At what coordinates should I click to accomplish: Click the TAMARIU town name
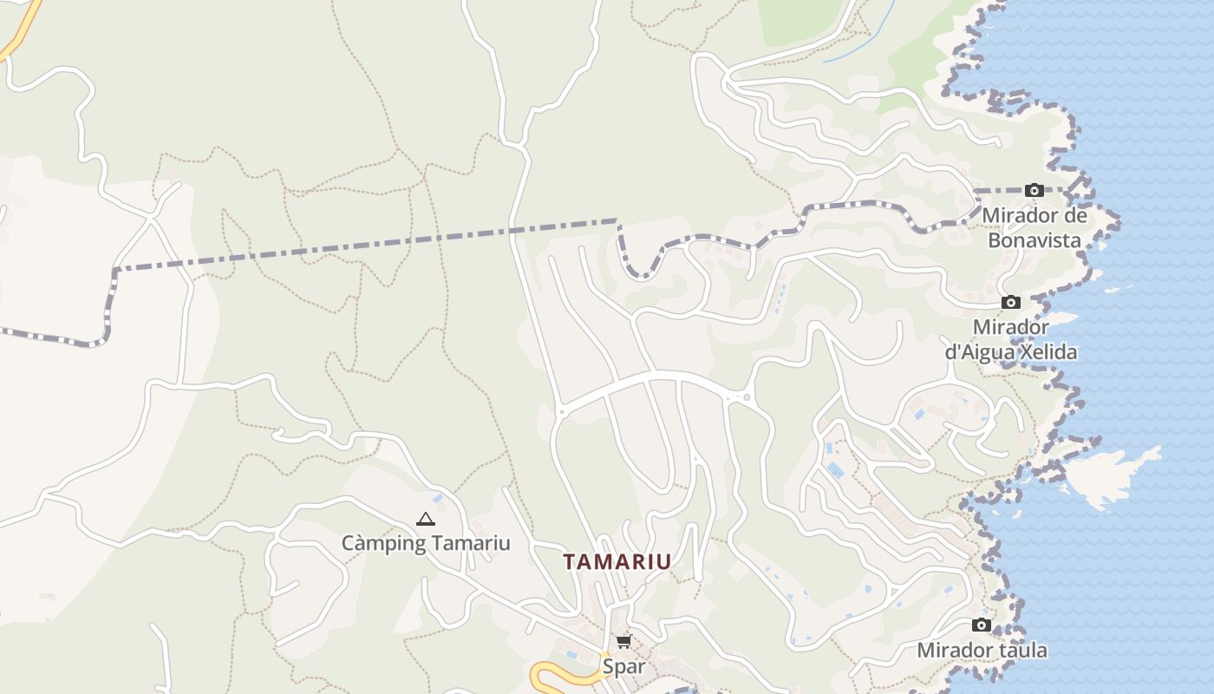[617, 562]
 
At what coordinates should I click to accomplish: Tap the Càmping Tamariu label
[425, 544]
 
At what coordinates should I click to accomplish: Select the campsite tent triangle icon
[425, 520]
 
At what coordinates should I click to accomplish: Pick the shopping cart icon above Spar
[623, 642]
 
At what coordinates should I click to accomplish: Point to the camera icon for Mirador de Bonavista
[1034, 190]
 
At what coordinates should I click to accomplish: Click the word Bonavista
[1035, 239]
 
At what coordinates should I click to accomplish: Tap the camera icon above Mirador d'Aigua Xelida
[1010, 302]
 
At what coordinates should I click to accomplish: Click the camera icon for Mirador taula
[981, 625]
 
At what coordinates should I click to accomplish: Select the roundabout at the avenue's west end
[560, 410]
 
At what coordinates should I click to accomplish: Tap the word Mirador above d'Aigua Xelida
[1010, 328]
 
